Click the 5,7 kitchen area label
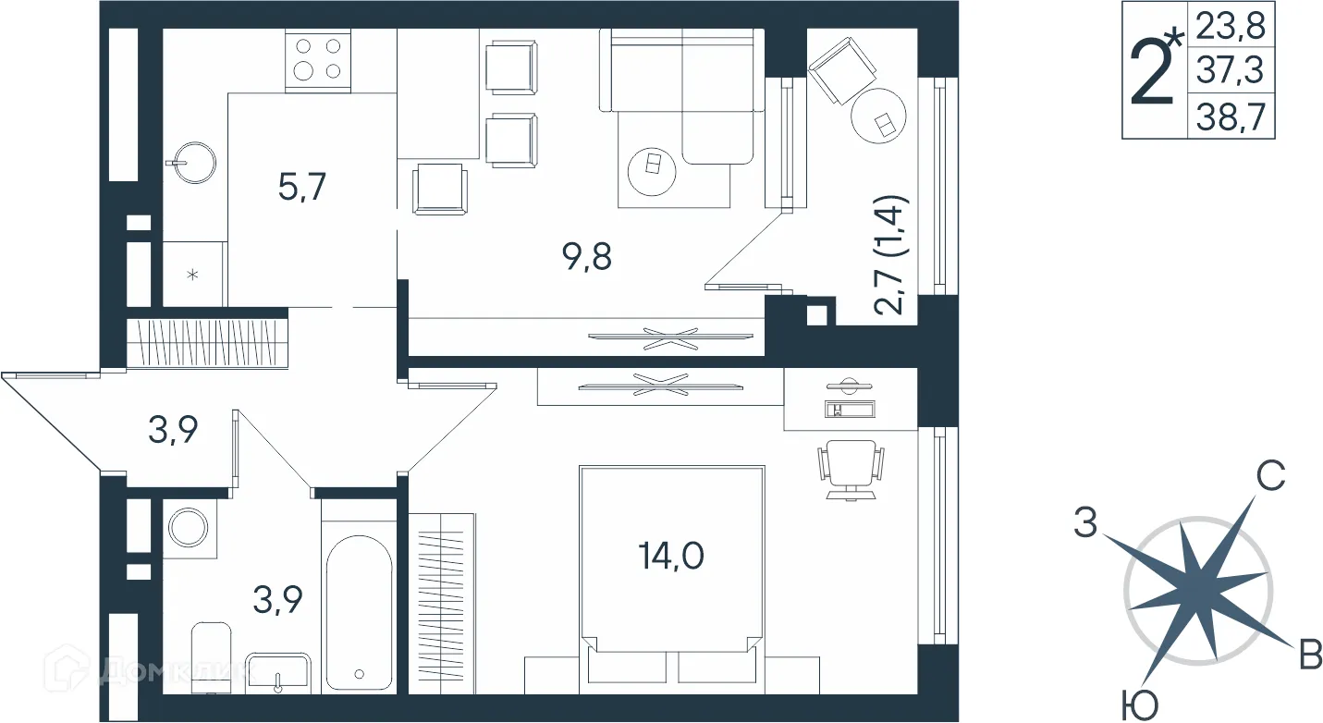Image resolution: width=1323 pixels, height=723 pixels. tap(301, 188)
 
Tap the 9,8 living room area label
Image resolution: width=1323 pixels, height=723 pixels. tap(587, 257)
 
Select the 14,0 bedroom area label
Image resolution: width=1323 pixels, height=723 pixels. tap(671, 556)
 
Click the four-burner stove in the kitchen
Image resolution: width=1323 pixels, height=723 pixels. tap(318, 61)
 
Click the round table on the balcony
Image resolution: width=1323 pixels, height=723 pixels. tap(878, 116)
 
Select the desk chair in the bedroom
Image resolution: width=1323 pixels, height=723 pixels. tap(851, 470)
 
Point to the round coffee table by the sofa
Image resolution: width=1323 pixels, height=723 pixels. tap(652, 171)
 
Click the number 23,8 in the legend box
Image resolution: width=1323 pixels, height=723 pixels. tap(1231, 26)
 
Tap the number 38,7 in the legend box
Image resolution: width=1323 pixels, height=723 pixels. tap(1231, 116)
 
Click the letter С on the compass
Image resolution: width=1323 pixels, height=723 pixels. tap(1270, 475)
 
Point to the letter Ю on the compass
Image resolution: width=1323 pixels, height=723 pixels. tap(1139, 705)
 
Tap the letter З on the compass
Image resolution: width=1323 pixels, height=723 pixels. tap(1085, 522)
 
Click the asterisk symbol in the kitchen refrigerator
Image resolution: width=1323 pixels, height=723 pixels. tap(192, 275)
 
